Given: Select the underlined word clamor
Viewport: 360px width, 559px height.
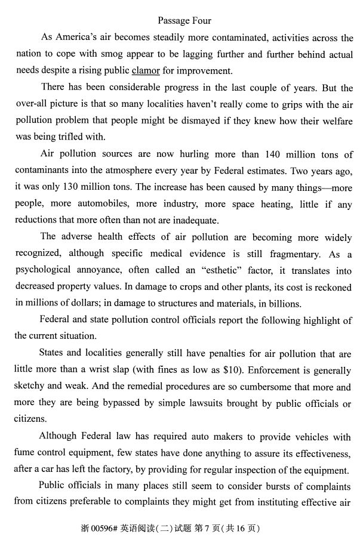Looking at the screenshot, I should [145, 70].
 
